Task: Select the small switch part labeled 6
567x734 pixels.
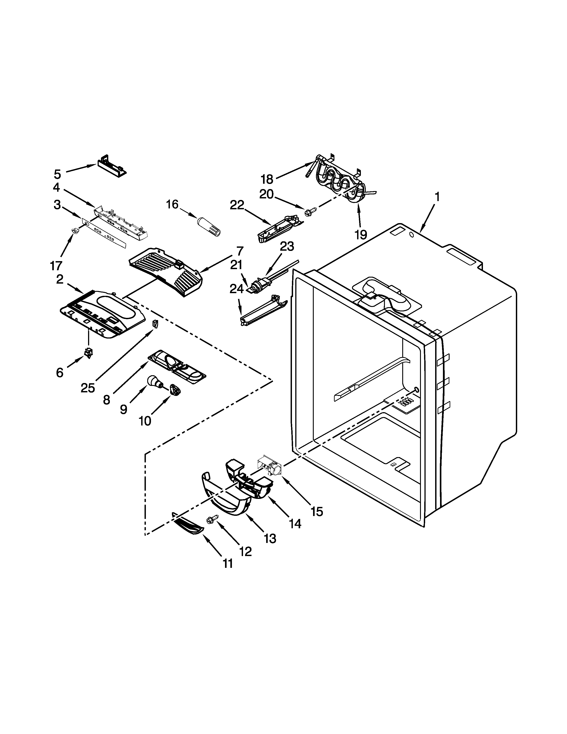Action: click(x=89, y=353)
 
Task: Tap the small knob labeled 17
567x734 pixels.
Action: click(x=74, y=231)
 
